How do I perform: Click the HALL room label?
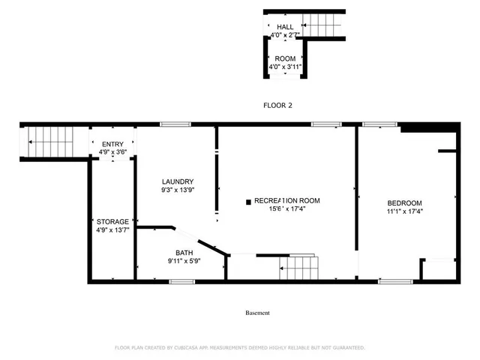click(284, 27)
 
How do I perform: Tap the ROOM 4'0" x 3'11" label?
click(285, 58)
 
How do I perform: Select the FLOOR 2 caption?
click(277, 105)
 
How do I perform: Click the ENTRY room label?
click(113, 144)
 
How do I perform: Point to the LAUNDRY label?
click(178, 181)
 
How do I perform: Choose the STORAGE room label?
click(112, 221)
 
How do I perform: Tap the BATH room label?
click(184, 253)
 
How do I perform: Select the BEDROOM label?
click(404, 203)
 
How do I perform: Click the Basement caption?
click(257, 313)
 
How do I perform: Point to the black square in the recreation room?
click(248, 201)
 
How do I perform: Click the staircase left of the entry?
click(49, 141)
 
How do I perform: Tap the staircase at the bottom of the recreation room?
click(297, 266)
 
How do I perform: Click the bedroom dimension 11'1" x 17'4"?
click(405, 211)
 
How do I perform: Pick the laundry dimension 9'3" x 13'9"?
click(178, 190)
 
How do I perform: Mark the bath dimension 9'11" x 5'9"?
click(184, 261)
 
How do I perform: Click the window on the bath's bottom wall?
click(181, 281)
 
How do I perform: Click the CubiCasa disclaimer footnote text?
click(239, 347)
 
